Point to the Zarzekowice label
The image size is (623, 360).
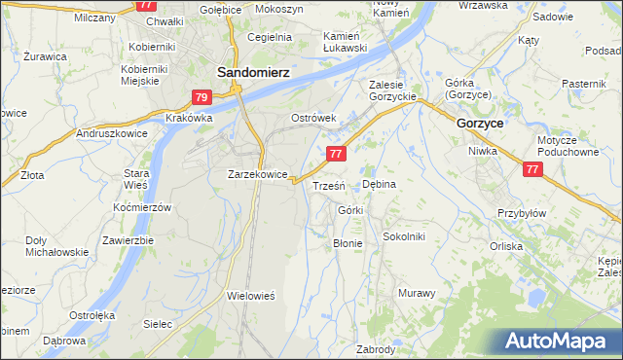(257, 174)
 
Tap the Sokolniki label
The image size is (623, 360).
(404, 235)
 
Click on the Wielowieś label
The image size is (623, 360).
(252, 295)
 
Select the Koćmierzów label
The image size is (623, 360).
(142, 208)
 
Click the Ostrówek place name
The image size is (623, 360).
(313, 118)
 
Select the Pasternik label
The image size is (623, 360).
(584, 84)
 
